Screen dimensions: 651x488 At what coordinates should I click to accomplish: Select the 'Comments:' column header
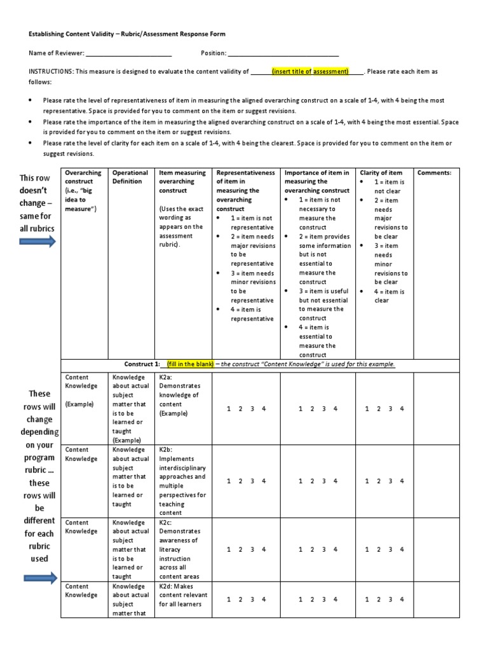click(434, 172)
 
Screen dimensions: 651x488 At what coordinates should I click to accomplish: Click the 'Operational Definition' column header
click(130, 177)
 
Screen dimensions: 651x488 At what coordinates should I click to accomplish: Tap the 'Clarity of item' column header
click(381, 172)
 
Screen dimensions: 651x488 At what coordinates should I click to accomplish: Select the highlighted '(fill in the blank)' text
click(190, 364)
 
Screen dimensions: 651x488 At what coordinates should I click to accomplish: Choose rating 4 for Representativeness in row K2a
click(264, 408)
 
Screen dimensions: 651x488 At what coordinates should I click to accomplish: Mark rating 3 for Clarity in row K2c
click(390, 549)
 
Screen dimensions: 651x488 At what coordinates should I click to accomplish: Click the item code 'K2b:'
click(166, 449)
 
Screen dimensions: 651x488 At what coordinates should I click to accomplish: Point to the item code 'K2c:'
click(166, 522)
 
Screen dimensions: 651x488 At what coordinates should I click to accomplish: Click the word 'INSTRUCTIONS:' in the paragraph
click(50, 72)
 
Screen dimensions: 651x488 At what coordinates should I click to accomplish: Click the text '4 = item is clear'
click(389, 296)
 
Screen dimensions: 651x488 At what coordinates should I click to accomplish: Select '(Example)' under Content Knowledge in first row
click(79, 404)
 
